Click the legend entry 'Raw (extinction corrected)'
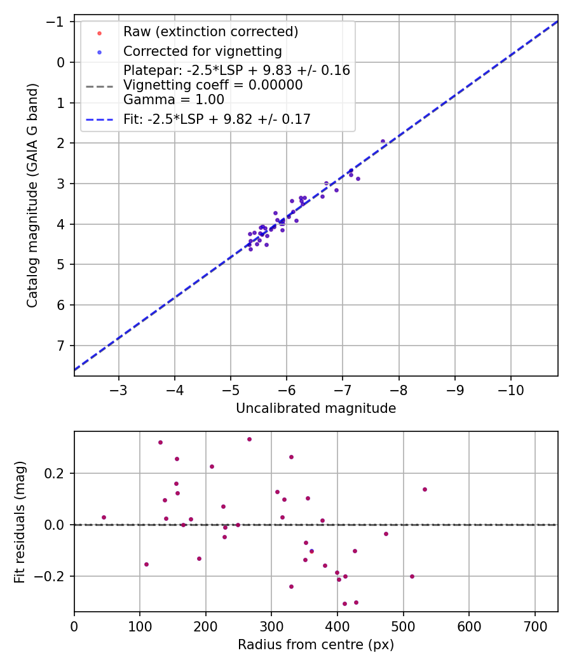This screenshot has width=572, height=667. pos(210,32)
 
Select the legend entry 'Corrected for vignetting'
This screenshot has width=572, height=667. pos(203,51)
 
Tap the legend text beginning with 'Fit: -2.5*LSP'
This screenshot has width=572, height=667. pos(217,119)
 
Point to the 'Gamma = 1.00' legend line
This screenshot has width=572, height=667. pos(174,100)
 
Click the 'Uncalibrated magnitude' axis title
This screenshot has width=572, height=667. pos(316,408)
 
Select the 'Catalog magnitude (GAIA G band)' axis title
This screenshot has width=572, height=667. pos(32,195)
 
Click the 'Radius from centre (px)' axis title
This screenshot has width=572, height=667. pos(316,645)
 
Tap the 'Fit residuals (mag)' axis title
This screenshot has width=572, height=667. pos(20,522)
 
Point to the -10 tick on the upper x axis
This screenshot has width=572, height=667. pos(511,390)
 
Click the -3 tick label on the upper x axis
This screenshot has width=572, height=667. pos(118,390)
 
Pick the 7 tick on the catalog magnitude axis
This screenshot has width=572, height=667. pos(60,346)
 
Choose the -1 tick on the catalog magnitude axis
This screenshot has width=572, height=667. pos(55,22)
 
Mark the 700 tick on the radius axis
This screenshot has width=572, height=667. pos(535,626)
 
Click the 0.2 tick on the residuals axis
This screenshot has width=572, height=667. pos(54,473)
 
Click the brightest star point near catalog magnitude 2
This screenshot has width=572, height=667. pos(383,141)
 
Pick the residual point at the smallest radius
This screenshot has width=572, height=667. pos(104,517)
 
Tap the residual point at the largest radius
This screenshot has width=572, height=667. pos(425,489)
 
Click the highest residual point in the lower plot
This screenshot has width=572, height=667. pos(249,439)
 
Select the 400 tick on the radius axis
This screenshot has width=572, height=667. pos(337,626)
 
